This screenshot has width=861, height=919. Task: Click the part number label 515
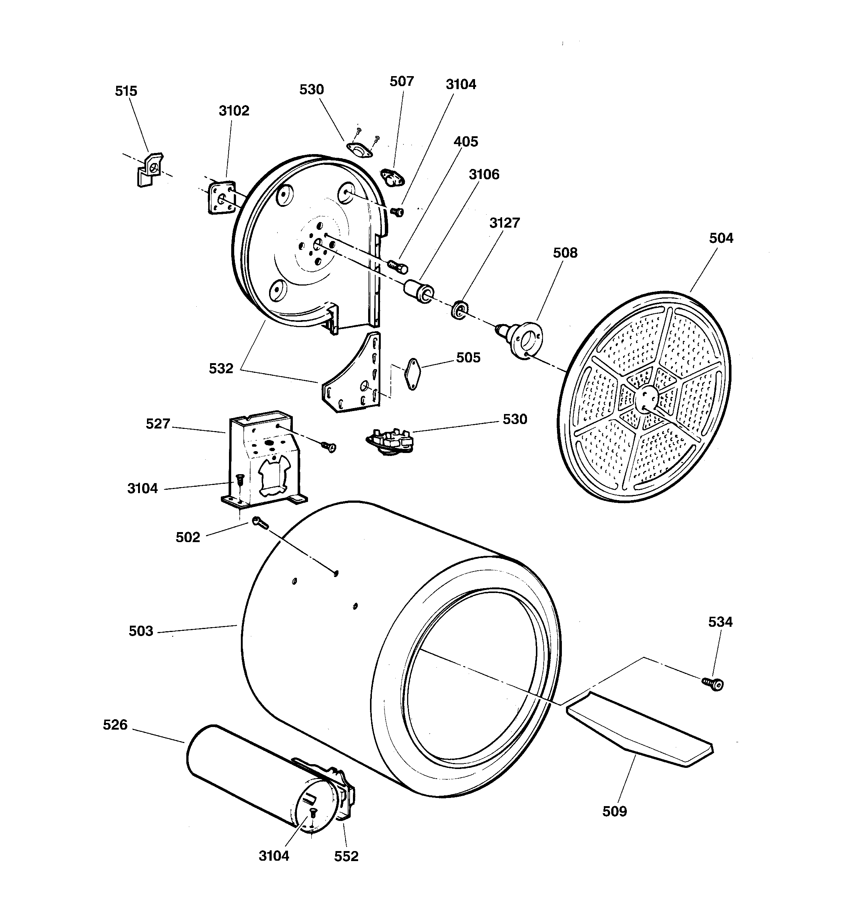pos(126,91)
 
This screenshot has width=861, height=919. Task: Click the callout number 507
pos(402,81)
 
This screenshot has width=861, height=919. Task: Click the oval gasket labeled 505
pos(412,374)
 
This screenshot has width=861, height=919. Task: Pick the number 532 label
pos(221,368)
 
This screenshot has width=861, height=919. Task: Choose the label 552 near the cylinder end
pos(346,856)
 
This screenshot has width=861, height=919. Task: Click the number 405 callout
pos(465,141)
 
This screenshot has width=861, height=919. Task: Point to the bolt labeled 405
pos(397,266)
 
